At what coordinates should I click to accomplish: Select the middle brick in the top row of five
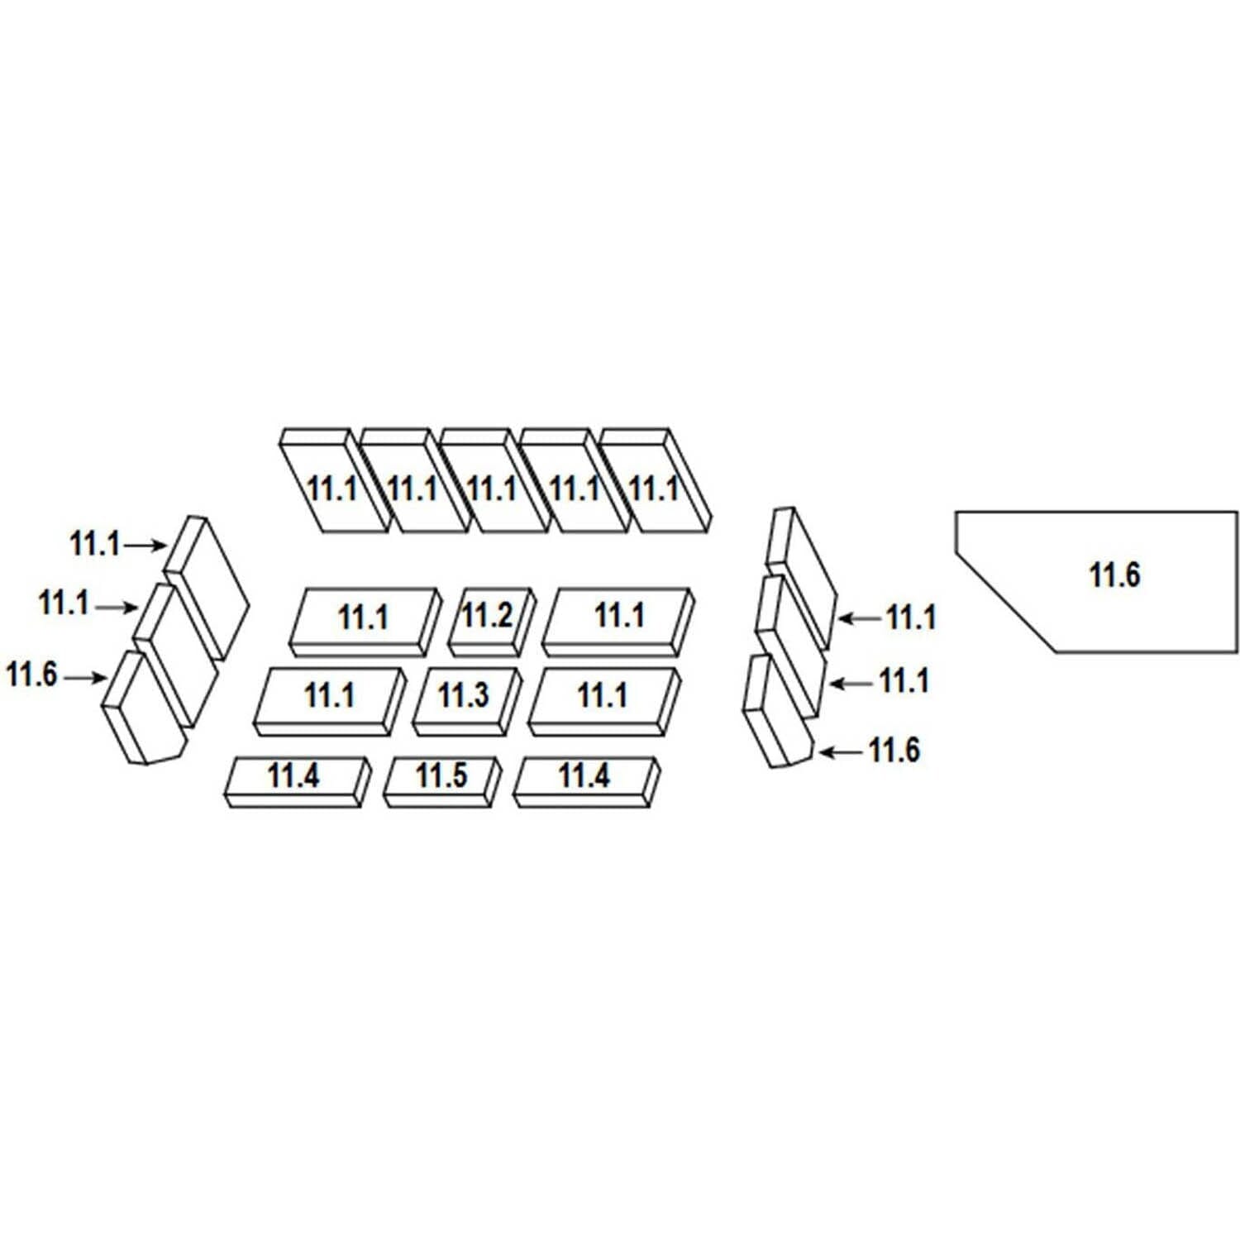pos(493,484)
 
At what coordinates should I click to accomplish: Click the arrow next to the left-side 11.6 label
pos(85,678)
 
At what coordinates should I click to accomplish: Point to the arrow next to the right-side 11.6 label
pos(840,751)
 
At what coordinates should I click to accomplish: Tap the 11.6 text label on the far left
pos(31,675)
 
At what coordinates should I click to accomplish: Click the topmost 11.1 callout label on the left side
pos(94,545)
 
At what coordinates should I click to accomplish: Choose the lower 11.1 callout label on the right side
pos(904,682)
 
